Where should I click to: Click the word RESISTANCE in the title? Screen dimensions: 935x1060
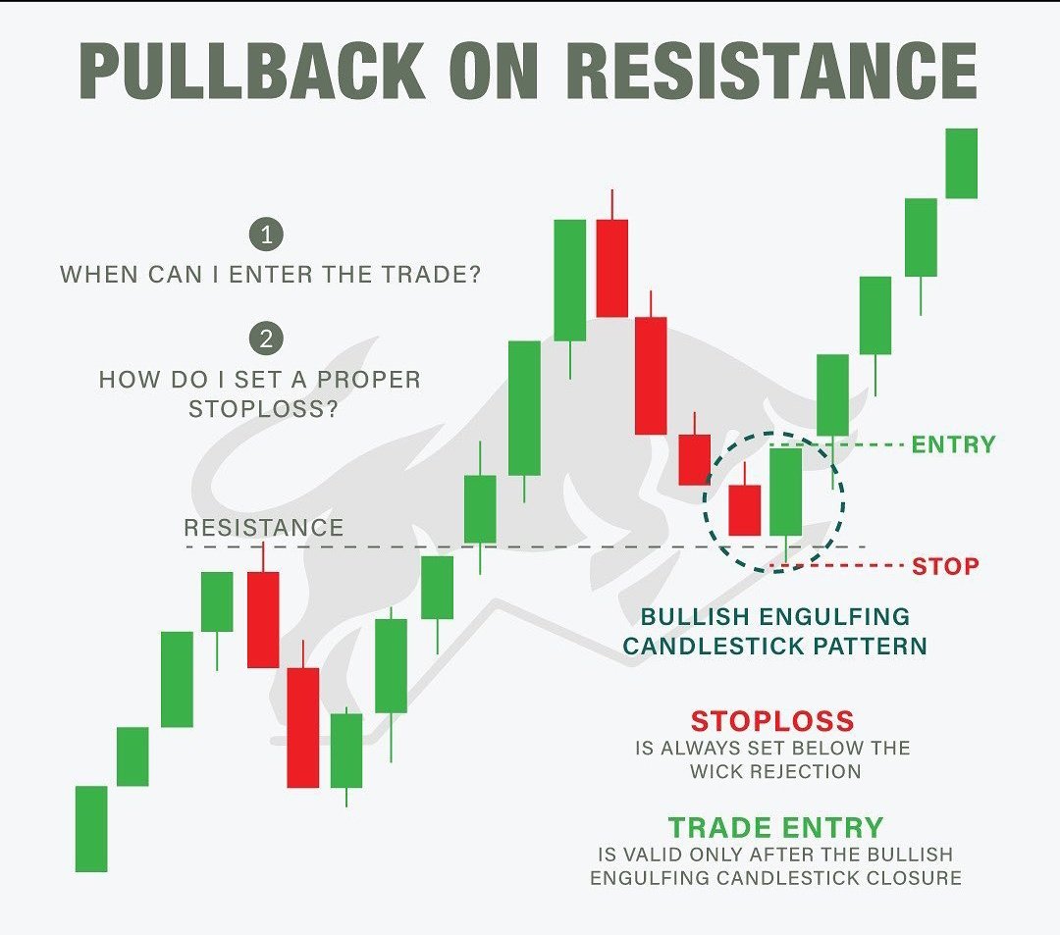coord(772,72)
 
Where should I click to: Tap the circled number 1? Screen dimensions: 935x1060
coord(266,234)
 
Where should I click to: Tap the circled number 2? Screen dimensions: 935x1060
coord(266,339)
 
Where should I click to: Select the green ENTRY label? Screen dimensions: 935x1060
coord(953,444)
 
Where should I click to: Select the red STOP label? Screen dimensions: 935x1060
coord(945,566)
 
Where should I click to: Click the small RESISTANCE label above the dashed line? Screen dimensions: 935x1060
coord(263,528)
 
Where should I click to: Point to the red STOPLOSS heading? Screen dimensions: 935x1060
coord(772,721)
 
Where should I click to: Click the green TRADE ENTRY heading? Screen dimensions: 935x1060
coord(775,827)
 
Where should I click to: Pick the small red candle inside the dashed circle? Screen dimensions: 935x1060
coord(745,509)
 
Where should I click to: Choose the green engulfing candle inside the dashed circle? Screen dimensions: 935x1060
coord(786,492)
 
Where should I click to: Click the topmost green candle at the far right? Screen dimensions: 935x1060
coord(962,163)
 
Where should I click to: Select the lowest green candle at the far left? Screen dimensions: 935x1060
coord(91,828)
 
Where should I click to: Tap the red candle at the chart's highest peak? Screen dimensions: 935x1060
coord(611,268)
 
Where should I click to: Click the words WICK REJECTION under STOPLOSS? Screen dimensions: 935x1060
coord(775,771)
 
